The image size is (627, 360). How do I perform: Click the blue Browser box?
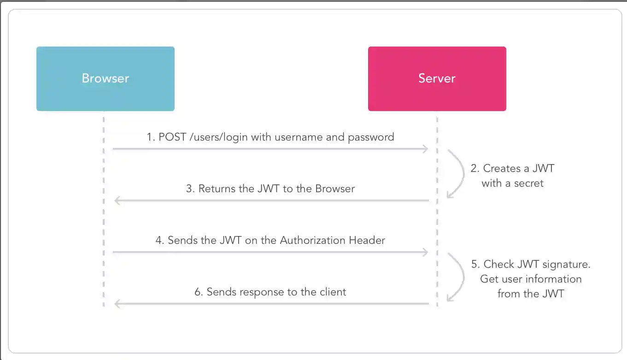coord(105,78)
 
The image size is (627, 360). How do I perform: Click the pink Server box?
coord(437,78)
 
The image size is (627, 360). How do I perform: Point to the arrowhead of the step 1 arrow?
coord(426,149)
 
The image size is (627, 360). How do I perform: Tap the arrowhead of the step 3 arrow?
coord(117,201)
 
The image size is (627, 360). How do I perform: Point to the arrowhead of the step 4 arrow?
coord(426,252)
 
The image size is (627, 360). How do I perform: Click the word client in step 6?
coord(332,292)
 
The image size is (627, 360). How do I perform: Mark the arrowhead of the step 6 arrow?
coord(117,304)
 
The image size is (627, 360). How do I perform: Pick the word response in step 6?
coord(254,292)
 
